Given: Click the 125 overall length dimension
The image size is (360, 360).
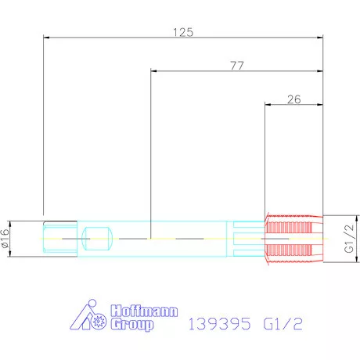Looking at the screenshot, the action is tap(183, 32).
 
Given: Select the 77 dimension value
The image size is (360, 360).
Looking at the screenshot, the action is tap(237, 66).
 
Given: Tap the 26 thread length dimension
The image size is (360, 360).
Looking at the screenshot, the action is tap(294, 99).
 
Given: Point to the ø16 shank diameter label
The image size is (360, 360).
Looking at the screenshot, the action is tap(5, 239).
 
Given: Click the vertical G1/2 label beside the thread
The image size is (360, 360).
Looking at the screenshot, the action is tap(349, 239).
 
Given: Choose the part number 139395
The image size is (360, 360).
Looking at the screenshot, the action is tap(219, 324).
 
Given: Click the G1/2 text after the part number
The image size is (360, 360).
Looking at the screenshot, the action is tap(283, 324).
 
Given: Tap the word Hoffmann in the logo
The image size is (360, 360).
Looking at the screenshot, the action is tap(144, 311).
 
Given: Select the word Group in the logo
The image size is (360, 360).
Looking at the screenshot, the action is tap(132, 325).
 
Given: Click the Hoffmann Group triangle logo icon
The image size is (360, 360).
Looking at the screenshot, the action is tap(88, 315).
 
